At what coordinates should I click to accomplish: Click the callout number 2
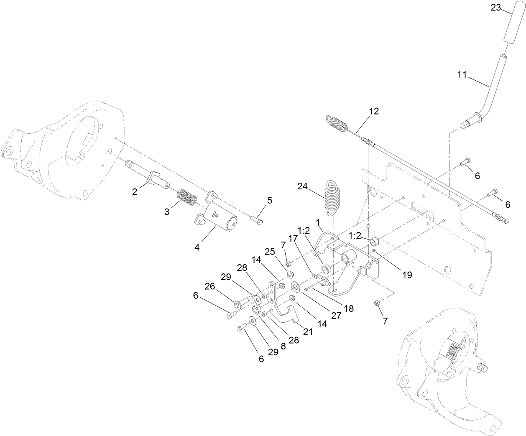pos(135,191)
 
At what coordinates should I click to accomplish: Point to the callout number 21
pos(308,332)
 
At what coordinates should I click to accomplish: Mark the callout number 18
pos(348,309)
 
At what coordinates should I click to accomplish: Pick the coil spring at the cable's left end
pos(337,122)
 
